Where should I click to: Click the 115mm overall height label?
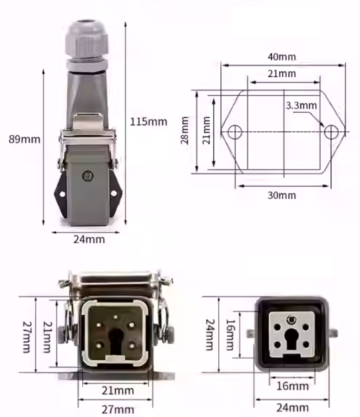click(x=148, y=121)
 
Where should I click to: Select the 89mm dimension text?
click(x=24, y=139)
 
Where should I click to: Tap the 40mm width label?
click(x=281, y=57)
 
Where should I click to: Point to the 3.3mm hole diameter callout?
click(x=301, y=106)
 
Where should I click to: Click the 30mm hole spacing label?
click(x=281, y=195)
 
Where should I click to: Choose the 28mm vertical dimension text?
click(x=185, y=131)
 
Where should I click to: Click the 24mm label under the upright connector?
click(x=89, y=239)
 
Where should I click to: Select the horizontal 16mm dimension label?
click(x=292, y=386)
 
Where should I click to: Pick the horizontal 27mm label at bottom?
click(x=118, y=409)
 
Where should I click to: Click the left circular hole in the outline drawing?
click(x=235, y=132)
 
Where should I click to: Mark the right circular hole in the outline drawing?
click(x=331, y=132)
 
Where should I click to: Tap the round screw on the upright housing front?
click(x=87, y=176)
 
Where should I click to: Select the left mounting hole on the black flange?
click(x=62, y=193)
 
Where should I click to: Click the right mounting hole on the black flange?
click(x=114, y=193)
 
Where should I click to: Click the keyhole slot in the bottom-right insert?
click(x=292, y=338)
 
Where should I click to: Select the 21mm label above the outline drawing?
click(x=281, y=74)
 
